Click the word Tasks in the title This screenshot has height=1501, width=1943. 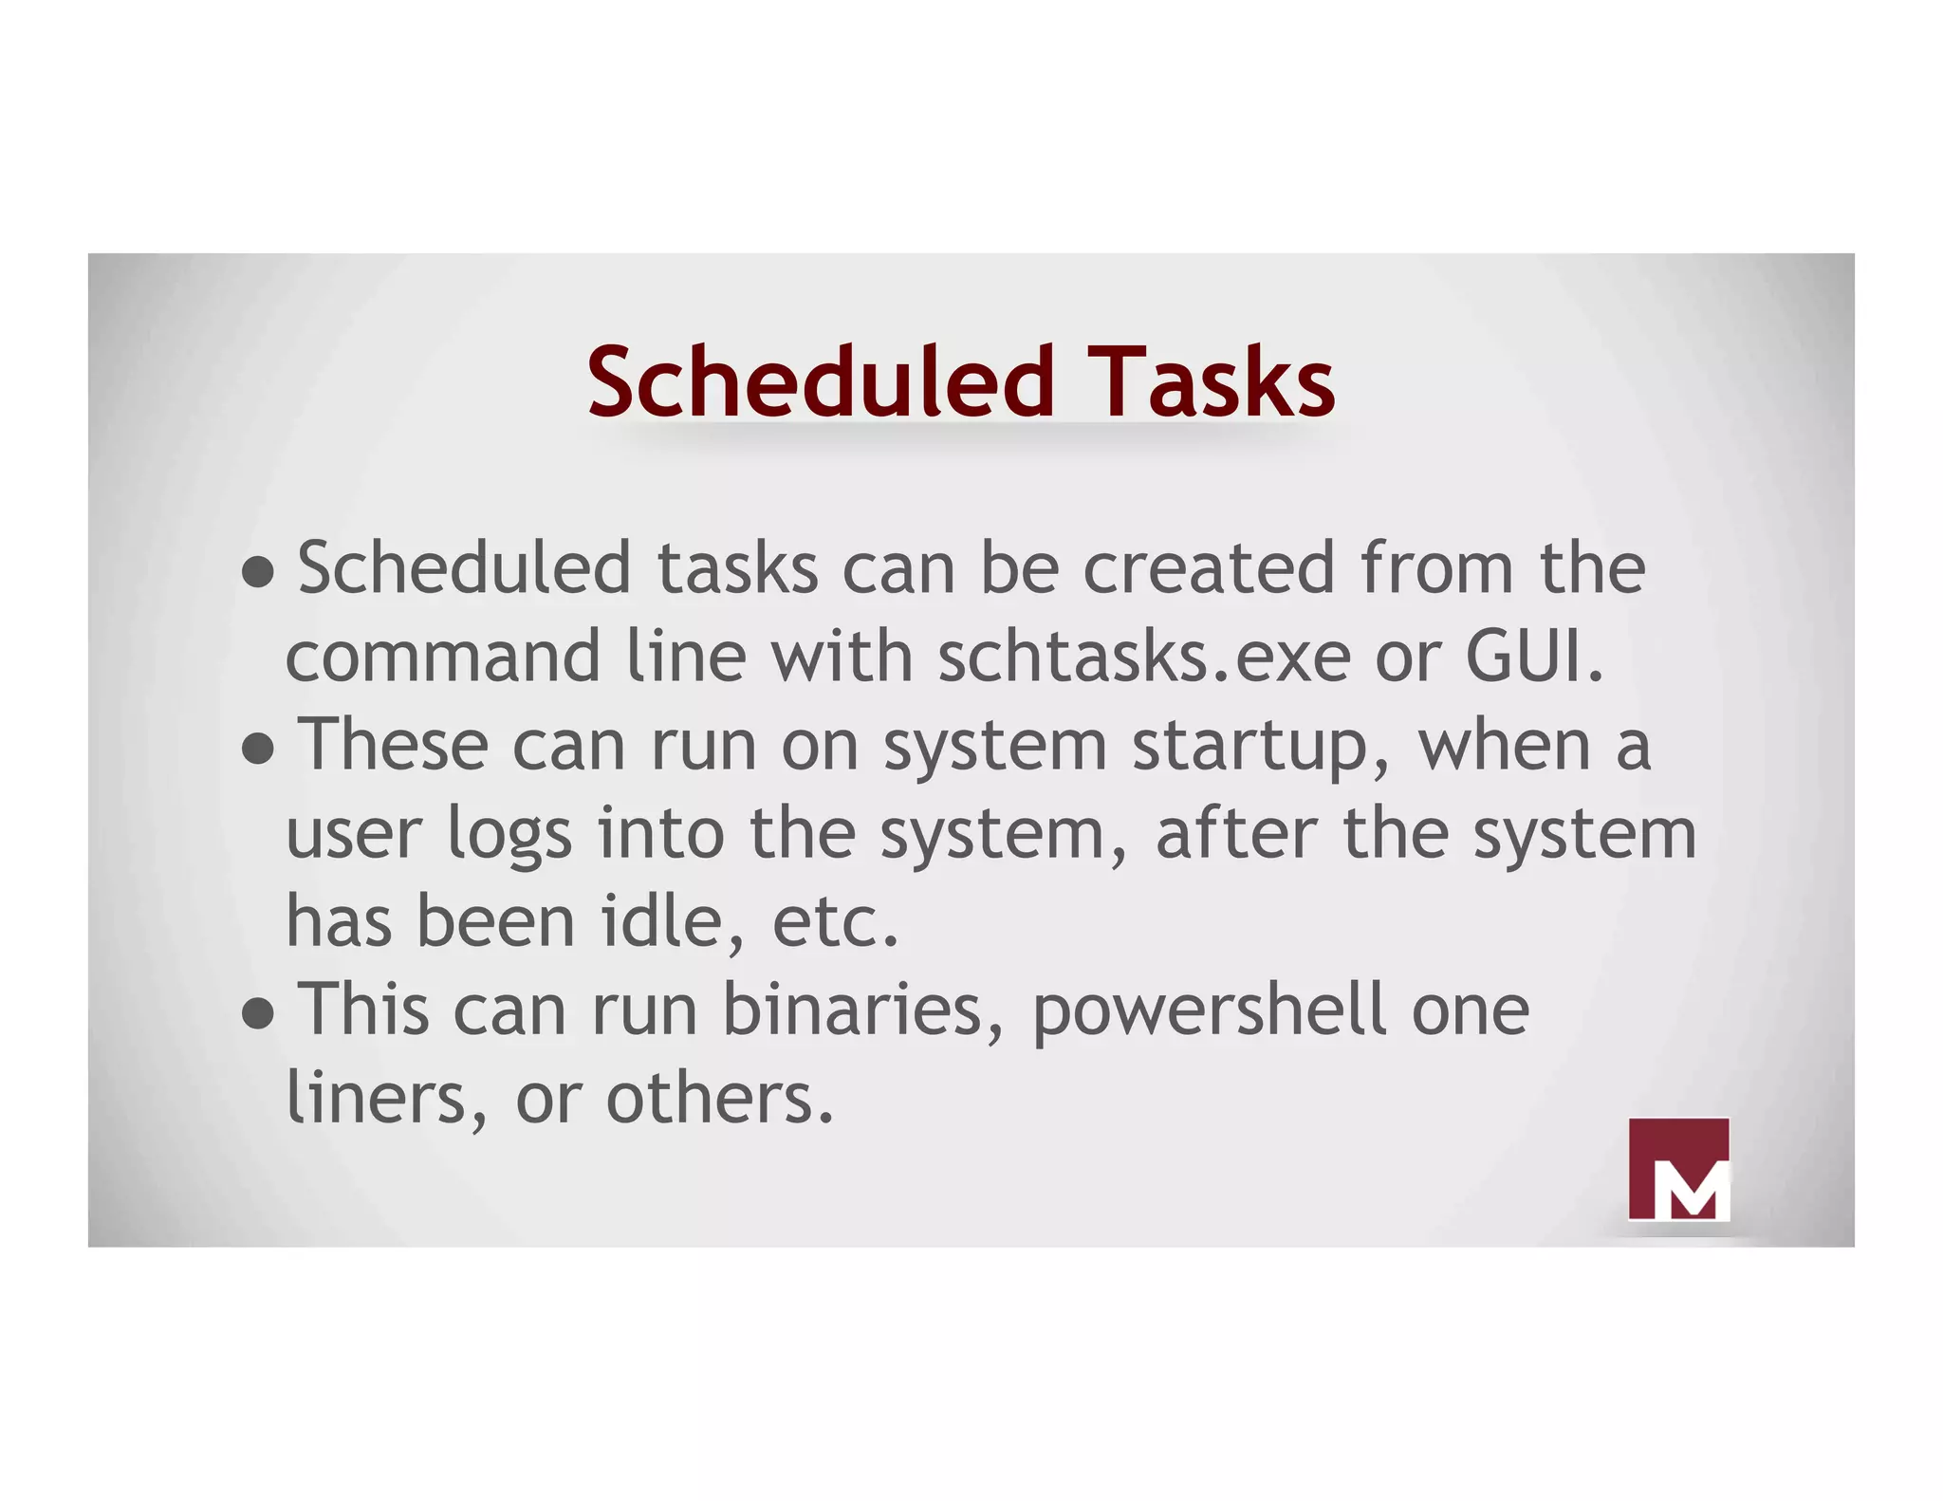[1212, 381]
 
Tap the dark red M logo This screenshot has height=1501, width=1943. [1677, 1168]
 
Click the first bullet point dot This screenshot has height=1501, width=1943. [258, 572]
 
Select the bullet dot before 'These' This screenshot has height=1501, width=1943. [258, 749]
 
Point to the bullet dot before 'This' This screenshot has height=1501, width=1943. [258, 1013]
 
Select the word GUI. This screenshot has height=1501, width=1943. [1534, 657]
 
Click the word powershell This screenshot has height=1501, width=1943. [1209, 1011]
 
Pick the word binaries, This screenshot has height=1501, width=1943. [862, 1010]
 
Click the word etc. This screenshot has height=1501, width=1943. [835, 922]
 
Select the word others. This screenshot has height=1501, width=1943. [720, 1099]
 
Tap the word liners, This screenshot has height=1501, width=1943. [387, 1099]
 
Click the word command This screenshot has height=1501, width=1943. [443, 657]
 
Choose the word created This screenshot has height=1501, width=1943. [1209, 569]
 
